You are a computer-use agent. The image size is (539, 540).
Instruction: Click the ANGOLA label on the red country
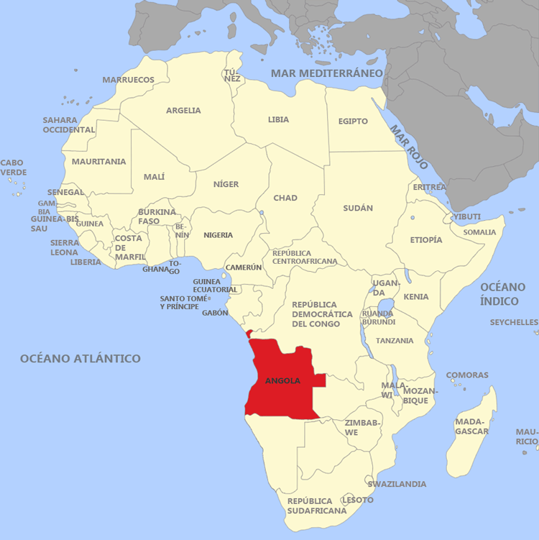[x=282, y=380]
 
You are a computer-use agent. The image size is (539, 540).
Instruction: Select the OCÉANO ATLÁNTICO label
[x=80, y=358]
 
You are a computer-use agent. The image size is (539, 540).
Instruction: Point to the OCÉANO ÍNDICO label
[x=508, y=294]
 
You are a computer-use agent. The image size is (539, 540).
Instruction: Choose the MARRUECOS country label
[x=128, y=80]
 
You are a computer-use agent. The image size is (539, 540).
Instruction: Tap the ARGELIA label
[x=183, y=111]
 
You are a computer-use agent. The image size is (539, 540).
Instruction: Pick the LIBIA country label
[x=278, y=119]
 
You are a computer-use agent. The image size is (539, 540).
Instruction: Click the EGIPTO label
[x=353, y=121]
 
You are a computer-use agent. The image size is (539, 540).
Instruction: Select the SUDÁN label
[x=358, y=208]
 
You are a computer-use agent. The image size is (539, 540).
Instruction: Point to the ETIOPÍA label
[x=426, y=239]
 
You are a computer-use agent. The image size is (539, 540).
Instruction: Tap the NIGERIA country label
[x=218, y=235]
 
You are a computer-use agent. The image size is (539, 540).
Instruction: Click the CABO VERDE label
[x=13, y=168]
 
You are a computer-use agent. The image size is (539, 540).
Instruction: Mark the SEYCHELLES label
[x=514, y=322]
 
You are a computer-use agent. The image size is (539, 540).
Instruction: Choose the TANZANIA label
[x=395, y=340]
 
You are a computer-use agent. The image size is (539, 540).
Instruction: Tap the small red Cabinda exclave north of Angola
[x=249, y=334]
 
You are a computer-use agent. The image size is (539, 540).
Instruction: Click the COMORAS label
[x=467, y=375]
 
